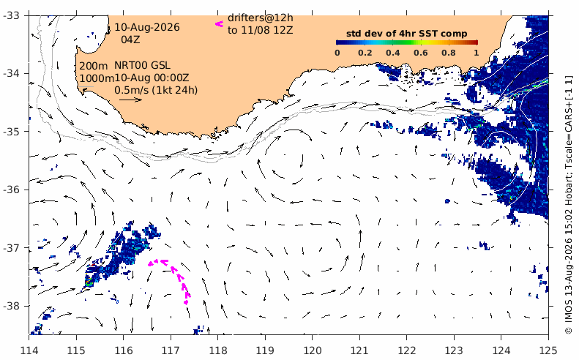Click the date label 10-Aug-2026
tap(147, 27)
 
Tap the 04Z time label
tap(130, 39)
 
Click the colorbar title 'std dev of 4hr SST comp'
tap(406, 34)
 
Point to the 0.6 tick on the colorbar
tap(421, 53)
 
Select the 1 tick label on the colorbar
tap(477, 53)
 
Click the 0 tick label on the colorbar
tap(337, 53)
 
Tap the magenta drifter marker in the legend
tap(220, 24)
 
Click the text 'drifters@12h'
tap(261, 18)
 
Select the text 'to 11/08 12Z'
tap(261, 30)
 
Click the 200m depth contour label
tap(94, 66)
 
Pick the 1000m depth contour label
tap(97, 78)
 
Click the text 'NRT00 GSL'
tap(142, 65)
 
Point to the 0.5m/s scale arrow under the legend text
tap(131, 100)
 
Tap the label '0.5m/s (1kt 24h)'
tap(156, 90)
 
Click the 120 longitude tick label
tap(312, 350)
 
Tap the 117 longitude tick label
tap(171, 350)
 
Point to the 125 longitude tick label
tap(548, 350)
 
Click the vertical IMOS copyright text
tap(569, 205)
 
